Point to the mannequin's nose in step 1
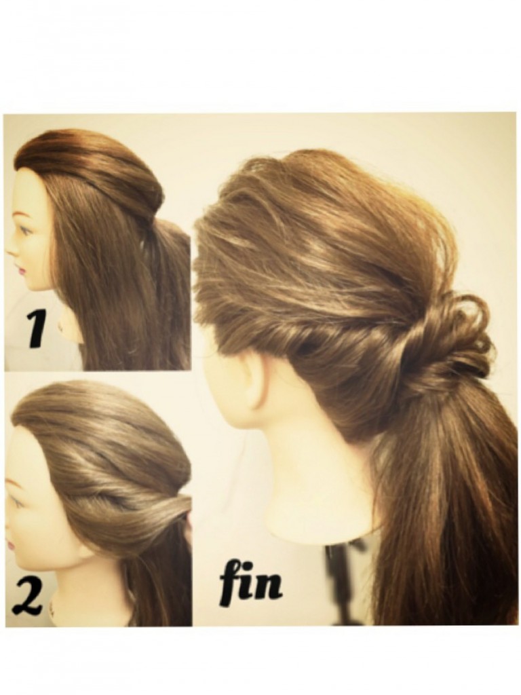pyautogui.click(x=11, y=251)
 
